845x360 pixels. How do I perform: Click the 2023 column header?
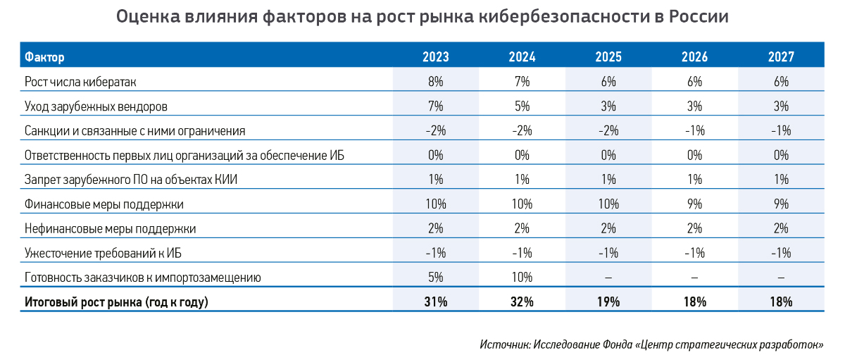point(435,56)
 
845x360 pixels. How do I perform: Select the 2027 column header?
point(782,56)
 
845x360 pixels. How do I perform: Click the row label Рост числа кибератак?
point(80,82)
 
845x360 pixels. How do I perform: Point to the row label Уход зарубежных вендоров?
point(96,106)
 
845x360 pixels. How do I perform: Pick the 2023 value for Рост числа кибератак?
point(435,82)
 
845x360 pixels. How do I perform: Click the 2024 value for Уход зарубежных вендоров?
point(522,106)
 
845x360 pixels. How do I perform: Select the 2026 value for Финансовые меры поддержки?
point(695,204)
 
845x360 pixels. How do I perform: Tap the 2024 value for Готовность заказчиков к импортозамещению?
point(522,278)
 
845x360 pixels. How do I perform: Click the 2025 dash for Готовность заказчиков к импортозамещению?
point(608,278)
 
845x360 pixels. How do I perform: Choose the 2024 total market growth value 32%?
point(522,302)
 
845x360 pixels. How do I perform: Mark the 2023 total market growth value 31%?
point(435,302)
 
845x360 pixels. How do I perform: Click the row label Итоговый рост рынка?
point(117,302)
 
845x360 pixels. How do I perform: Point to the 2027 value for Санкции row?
point(782,130)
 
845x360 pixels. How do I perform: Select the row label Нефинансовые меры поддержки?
point(110,228)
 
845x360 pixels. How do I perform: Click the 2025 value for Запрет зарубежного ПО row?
point(608,180)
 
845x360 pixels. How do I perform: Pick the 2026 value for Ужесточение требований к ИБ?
point(695,253)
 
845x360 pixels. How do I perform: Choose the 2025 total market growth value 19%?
point(608,302)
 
